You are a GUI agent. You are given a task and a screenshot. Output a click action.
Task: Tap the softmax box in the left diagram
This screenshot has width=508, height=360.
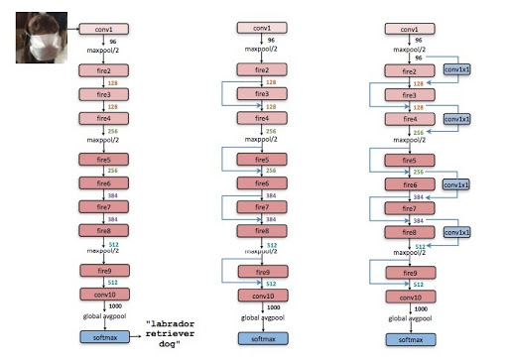[103, 340]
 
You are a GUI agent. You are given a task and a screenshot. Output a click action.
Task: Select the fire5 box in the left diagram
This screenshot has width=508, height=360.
[103, 160]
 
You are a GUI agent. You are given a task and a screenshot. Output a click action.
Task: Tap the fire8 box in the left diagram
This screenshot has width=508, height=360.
[103, 231]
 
